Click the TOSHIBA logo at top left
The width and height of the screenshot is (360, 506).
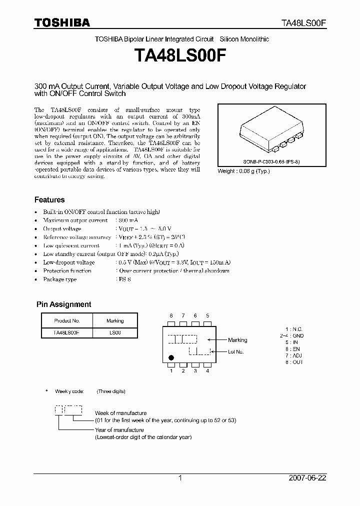click(62, 22)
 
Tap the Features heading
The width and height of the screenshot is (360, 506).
click(49, 199)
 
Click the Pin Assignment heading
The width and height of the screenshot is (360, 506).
click(64, 304)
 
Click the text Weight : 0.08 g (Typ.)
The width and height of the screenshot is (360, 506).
click(243, 170)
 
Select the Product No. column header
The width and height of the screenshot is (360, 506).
click(66, 320)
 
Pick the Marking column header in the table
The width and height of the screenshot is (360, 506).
click(115, 320)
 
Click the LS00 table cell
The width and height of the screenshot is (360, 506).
click(115, 332)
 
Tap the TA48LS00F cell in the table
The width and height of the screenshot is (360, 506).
click(66, 332)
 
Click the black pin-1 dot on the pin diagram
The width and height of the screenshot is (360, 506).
click(171, 357)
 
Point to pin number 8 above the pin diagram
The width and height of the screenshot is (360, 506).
click(171, 316)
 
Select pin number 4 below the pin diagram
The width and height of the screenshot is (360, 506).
click(207, 370)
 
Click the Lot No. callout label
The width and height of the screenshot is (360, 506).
click(236, 351)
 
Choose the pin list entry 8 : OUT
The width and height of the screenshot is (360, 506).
click(294, 361)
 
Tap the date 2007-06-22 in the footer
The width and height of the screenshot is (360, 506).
click(307, 478)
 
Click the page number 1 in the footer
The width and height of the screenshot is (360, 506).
click(180, 478)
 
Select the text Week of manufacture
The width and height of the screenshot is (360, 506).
click(120, 413)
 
